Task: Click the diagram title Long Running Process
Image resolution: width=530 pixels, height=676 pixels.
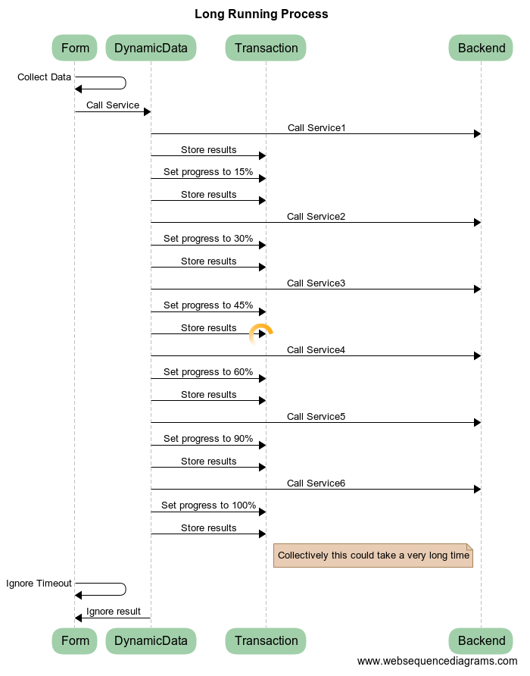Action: (261, 14)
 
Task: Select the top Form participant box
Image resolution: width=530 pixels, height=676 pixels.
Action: (75, 49)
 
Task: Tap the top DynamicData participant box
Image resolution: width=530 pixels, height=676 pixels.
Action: (151, 49)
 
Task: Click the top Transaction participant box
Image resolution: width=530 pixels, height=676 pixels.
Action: (266, 49)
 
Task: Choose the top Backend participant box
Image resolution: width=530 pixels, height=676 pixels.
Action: (481, 49)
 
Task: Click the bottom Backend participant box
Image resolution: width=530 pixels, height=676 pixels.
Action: (481, 640)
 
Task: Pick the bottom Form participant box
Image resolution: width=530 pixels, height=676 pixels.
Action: (75, 640)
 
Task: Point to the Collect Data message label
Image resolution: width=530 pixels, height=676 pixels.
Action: (44, 77)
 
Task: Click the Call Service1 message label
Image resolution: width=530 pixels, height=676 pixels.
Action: (316, 128)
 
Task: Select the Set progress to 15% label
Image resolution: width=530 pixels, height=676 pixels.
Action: (208, 172)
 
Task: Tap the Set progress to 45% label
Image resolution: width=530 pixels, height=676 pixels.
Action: (208, 305)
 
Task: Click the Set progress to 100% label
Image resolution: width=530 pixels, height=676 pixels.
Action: (208, 505)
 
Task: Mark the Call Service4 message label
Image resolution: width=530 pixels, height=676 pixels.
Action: (316, 350)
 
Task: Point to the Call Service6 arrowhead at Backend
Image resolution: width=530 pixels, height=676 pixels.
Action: (477, 490)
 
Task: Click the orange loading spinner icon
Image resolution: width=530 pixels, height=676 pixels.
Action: (260, 333)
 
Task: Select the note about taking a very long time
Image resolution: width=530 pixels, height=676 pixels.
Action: (373, 556)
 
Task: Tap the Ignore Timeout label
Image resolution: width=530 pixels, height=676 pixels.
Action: (39, 584)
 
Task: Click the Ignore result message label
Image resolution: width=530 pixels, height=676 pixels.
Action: (114, 612)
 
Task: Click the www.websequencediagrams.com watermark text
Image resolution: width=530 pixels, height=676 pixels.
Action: (437, 662)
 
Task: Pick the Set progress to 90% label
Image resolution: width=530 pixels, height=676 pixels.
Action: (208, 439)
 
